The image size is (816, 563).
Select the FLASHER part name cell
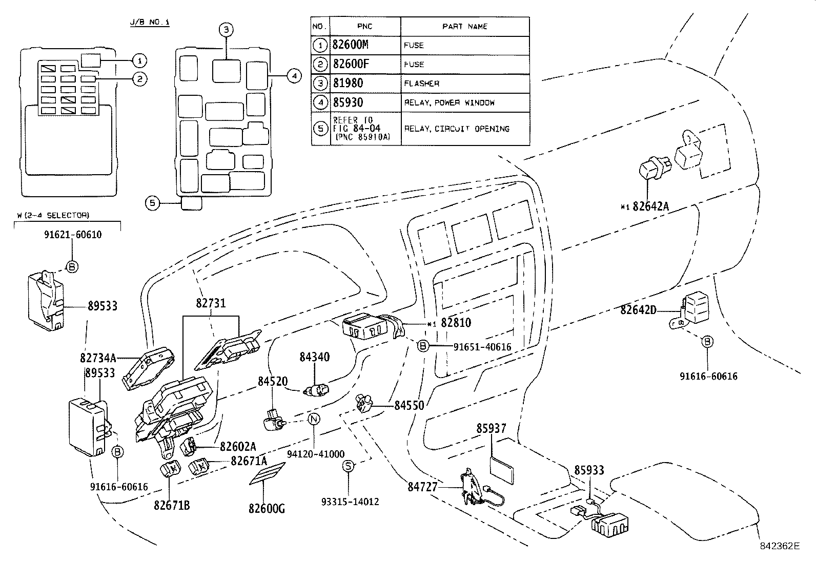(x=422, y=84)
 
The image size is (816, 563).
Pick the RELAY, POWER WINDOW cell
(x=450, y=102)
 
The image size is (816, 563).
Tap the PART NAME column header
(x=464, y=26)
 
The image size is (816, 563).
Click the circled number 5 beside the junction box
(x=152, y=203)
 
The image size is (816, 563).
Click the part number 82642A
(x=651, y=206)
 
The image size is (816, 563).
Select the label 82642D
(x=638, y=310)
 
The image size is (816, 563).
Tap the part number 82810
(x=456, y=323)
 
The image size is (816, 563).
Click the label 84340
(x=315, y=357)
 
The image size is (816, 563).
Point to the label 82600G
(x=267, y=509)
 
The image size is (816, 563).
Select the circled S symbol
(x=349, y=466)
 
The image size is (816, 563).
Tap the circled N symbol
(x=314, y=419)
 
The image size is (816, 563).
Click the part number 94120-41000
(x=316, y=454)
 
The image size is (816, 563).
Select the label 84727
(x=423, y=487)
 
